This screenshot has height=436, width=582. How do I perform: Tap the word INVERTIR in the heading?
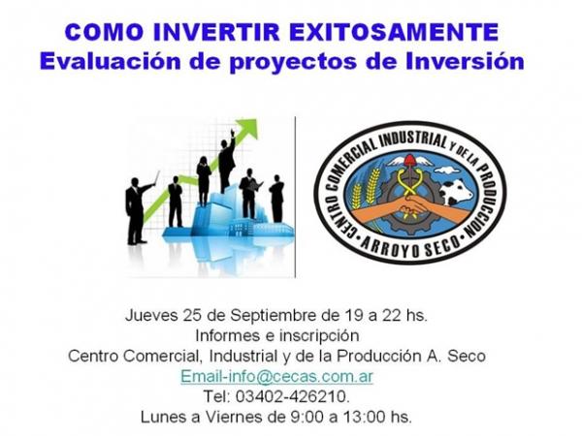(x=216, y=32)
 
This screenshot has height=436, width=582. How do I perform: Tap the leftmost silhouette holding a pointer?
(x=138, y=209)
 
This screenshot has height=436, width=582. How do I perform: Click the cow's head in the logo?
(x=456, y=191)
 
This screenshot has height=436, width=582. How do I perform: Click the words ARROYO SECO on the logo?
(x=410, y=248)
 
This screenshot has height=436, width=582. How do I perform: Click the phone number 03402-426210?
(x=291, y=396)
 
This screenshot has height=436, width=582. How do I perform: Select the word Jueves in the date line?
(x=151, y=316)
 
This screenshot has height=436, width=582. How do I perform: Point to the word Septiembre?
(x=274, y=316)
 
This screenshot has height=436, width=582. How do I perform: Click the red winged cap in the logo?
(x=409, y=161)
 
